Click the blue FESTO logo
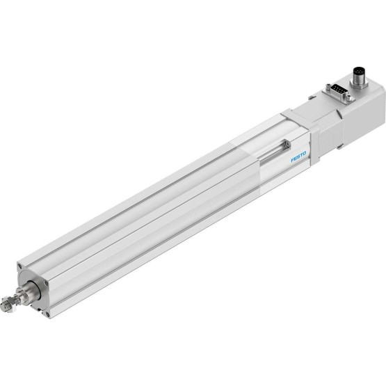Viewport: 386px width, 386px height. click(x=298, y=156)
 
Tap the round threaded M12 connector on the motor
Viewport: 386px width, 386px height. click(x=360, y=78)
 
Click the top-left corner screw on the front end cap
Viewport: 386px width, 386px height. click(x=19, y=266)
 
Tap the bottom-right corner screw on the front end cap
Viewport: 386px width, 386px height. click(x=47, y=314)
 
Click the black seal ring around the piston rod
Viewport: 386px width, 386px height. click(x=36, y=292)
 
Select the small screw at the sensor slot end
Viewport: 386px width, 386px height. click(x=287, y=145)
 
